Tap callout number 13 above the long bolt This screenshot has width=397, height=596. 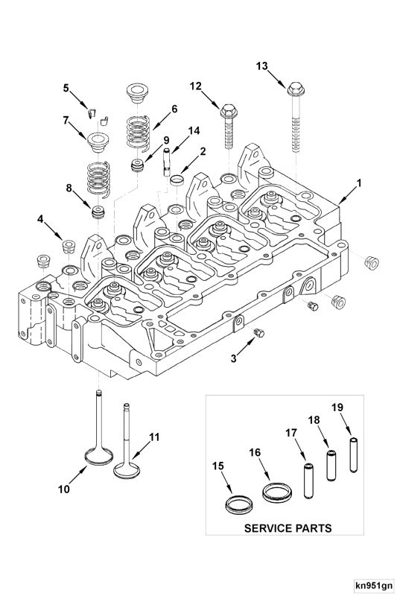tap(262, 66)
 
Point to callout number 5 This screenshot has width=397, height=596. tap(66, 89)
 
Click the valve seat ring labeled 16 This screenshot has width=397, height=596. tap(276, 492)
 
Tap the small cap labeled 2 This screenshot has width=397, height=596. tap(177, 180)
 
